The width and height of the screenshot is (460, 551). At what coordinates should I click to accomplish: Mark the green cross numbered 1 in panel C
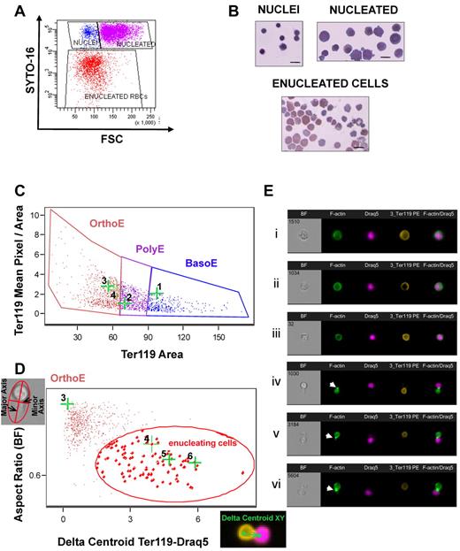tap(156, 294)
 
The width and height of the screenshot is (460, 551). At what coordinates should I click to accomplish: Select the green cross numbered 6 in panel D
tap(193, 463)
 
